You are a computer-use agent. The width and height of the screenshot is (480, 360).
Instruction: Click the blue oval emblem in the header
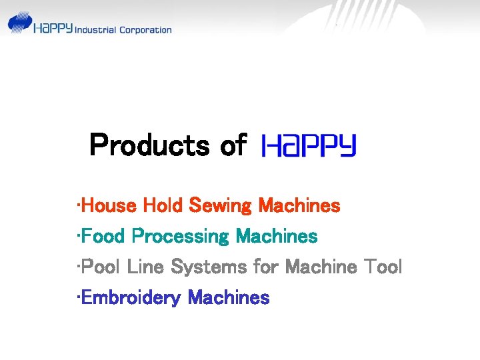pos(20,23)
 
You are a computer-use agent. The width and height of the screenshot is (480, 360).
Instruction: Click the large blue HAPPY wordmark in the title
pos(309,145)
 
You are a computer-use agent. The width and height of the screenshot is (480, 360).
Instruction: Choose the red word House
pos(109,205)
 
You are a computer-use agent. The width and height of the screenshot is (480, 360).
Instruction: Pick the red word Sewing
pos(221,205)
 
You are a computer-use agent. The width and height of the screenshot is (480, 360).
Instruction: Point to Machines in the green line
pos(276,236)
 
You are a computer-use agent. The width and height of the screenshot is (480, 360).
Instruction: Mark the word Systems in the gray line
pos(209,267)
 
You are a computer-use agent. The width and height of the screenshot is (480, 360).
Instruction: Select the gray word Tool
pos(383,267)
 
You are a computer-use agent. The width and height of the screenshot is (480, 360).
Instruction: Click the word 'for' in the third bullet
pos(267,267)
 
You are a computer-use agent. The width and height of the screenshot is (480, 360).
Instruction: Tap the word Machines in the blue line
pos(229,297)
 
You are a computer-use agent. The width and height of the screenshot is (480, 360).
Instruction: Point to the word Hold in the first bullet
pos(163,205)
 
